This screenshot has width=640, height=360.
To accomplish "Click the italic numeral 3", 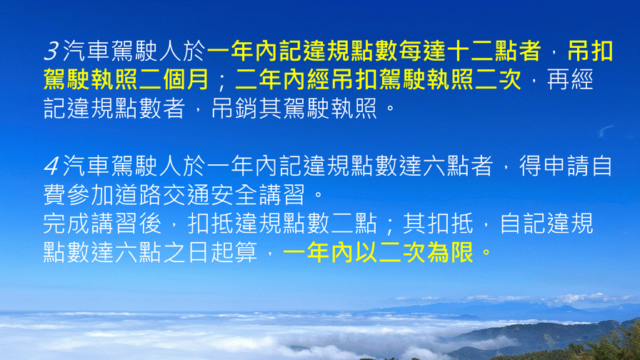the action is (x=51, y=51).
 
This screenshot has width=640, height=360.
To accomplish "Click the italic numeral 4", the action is (x=51, y=166).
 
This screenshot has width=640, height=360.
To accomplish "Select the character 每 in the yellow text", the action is (x=411, y=51).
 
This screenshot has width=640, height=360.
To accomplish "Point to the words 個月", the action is (x=186, y=79).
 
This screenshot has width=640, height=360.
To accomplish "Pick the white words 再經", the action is (x=570, y=79).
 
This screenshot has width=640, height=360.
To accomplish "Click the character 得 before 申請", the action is (x=530, y=166).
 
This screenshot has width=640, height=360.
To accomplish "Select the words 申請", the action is (x=566, y=166).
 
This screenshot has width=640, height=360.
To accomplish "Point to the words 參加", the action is (x=90, y=195).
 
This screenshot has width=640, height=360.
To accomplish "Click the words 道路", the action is (x=139, y=195).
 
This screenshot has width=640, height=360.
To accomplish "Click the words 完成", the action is (x=66, y=224).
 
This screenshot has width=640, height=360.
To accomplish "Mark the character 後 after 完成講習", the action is (x=150, y=224).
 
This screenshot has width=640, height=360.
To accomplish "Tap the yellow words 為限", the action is (x=451, y=253).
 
